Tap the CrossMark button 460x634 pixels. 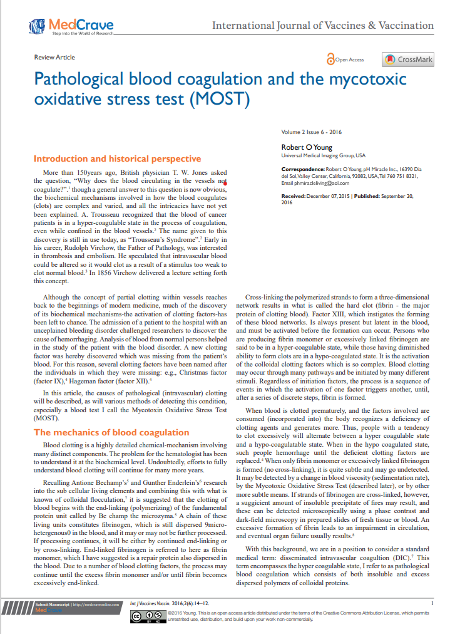[x=408, y=60]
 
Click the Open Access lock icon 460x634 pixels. [x=330, y=60]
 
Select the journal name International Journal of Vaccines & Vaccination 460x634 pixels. [x=323, y=26]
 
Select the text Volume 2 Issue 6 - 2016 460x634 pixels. [x=312, y=133]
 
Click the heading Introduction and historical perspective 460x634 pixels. [x=117, y=158]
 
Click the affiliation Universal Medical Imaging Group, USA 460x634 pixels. [x=323, y=155]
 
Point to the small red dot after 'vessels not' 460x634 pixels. [x=225, y=184]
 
